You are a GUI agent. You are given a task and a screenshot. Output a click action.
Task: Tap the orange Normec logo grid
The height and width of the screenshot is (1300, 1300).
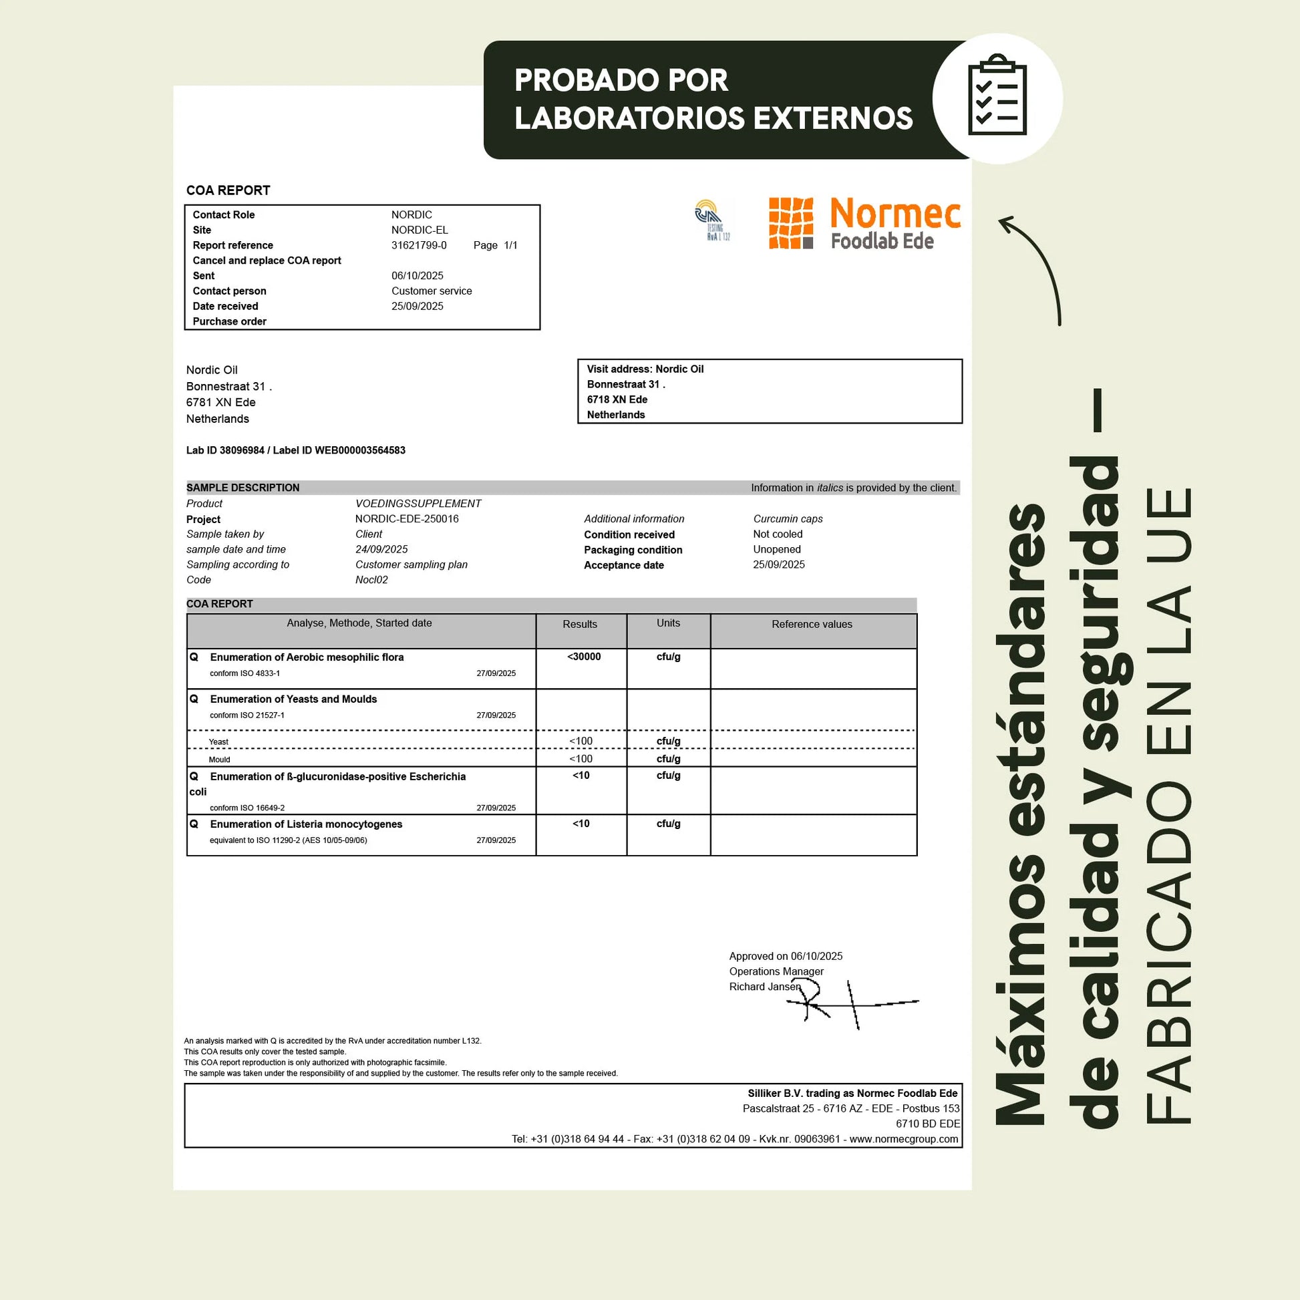point(791,223)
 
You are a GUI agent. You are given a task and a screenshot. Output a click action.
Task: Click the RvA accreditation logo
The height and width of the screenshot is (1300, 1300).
point(711,219)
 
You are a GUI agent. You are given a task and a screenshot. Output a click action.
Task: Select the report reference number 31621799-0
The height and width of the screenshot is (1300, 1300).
point(419,246)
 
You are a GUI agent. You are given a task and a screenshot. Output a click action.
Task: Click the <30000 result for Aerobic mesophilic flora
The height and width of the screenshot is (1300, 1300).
point(583,657)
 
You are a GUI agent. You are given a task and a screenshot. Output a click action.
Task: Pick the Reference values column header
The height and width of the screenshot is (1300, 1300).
point(812,625)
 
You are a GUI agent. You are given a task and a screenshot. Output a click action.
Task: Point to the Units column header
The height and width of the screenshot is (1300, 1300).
point(668,623)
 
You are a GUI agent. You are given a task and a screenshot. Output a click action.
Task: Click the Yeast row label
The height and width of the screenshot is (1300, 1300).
point(218,742)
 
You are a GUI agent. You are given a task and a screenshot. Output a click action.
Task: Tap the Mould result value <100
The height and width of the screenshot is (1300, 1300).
point(581,759)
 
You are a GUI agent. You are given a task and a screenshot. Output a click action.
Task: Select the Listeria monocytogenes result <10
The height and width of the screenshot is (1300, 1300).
point(581,824)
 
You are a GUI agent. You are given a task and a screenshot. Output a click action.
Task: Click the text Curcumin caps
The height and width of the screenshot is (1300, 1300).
point(788,519)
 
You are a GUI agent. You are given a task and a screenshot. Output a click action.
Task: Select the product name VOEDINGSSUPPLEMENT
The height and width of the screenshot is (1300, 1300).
point(418,503)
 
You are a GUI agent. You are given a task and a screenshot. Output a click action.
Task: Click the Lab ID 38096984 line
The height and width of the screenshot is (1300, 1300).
point(295,450)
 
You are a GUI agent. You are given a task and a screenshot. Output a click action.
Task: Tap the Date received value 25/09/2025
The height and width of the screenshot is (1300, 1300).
point(417,306)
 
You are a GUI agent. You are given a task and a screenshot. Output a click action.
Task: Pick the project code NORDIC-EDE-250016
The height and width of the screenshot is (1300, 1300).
point(406,519)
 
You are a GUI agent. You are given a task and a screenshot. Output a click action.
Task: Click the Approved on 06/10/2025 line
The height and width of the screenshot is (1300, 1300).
point(785,956)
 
